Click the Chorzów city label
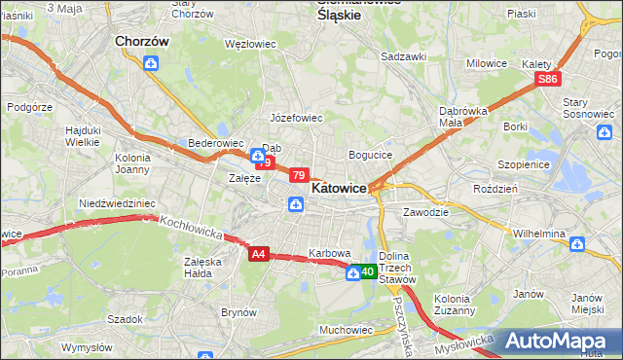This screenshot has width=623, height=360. pos(142,42)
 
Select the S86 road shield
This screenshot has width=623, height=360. pos(548,79)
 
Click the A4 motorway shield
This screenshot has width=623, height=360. pos(257,254)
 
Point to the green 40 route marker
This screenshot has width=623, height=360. pos(367,271)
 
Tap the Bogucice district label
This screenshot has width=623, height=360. pos(370,155)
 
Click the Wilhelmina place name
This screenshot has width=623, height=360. pos(539,234)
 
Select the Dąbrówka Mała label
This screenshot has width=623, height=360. pos(462,116)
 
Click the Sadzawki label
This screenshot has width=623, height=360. pos(403,56)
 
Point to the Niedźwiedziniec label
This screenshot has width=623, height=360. pos(117,203)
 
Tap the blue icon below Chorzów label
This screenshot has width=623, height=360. pos(151,64)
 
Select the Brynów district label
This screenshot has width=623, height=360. pos(238,312)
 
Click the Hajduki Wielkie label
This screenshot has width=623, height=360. pos(83,135)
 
